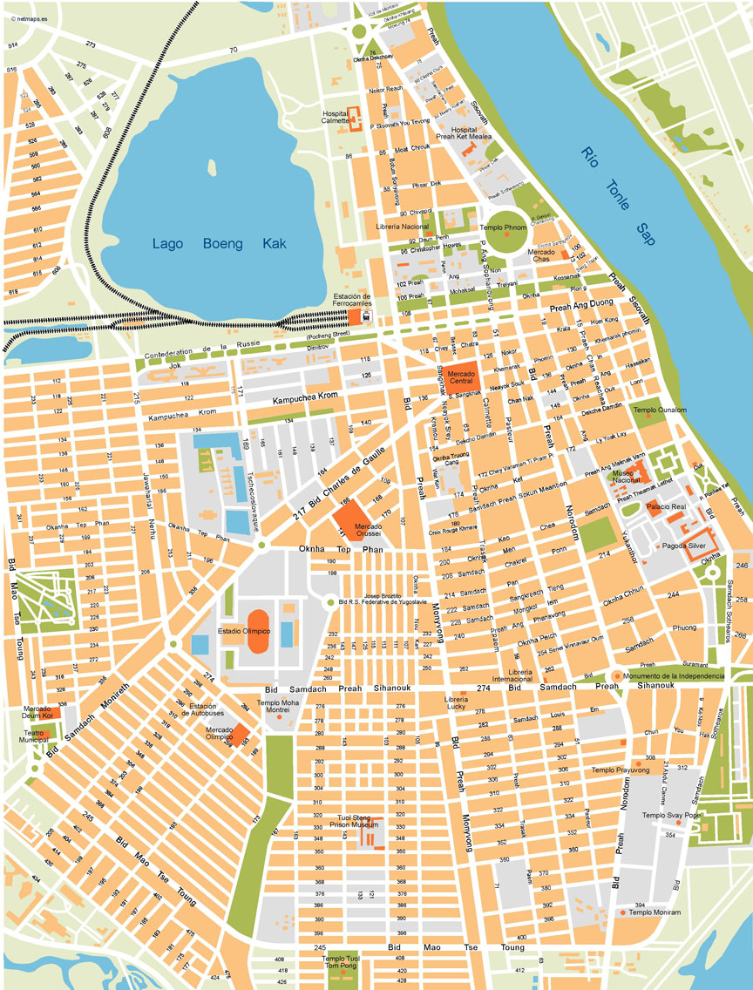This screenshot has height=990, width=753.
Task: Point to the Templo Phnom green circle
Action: (x=505, y=233)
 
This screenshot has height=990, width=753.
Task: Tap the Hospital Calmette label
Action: (x=335, y=118)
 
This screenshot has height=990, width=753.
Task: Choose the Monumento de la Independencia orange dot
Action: (x=617, y=676)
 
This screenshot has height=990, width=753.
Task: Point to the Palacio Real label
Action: (x=666, y=506)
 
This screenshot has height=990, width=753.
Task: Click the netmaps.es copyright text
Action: (x=25, y=6)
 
